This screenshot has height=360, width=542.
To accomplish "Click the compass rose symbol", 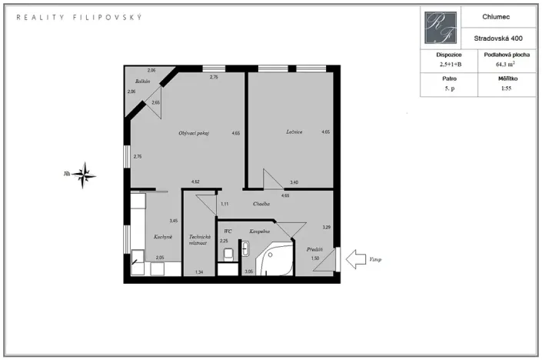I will click(x=86, y=175).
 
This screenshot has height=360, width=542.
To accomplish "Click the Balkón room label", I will click(x=141, y=82).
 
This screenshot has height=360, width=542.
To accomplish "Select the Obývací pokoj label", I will click(x=194, y=133).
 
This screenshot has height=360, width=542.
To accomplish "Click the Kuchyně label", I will click(x=162, y=236).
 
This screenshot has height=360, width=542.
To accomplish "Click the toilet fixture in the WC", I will click(x=228, y=253).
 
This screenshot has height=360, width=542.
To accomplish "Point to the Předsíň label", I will click(x=314, y=249).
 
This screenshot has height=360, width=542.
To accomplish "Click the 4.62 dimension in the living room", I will click(x=195, y=182).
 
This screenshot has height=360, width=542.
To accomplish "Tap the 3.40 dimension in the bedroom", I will click(x=294, y=182).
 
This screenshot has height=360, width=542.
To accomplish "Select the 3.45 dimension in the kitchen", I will click(x=174, y=221).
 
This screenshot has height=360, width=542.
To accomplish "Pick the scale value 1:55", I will click(x=504, y=88).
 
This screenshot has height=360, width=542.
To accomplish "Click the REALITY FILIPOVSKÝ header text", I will click(x=79, y=16).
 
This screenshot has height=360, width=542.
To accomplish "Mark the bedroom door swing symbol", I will click(x=271, y=179).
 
